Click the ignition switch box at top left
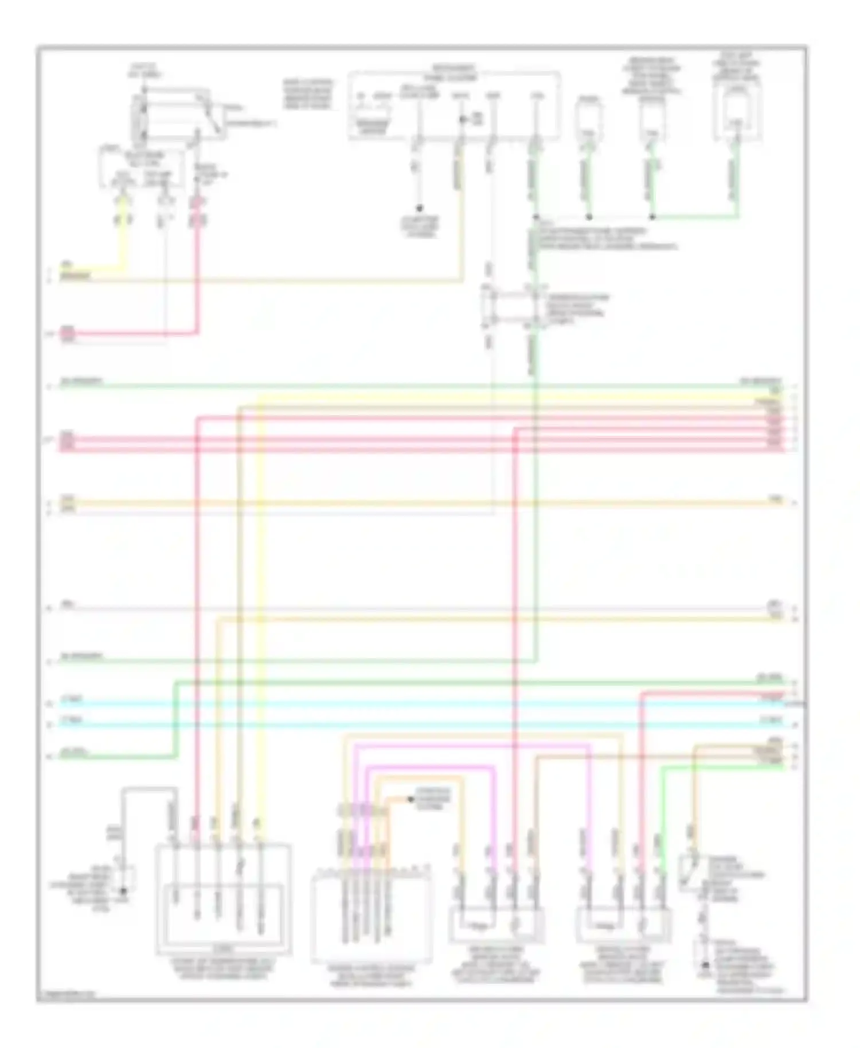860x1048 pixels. pos(172,115)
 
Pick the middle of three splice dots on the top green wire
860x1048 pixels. pos(589,217)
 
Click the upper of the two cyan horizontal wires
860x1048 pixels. pos(401,703)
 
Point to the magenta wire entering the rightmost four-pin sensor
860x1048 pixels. pos(589,814)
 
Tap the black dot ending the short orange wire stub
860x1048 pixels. pos(411,799)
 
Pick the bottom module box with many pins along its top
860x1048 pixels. pos(372,917)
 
